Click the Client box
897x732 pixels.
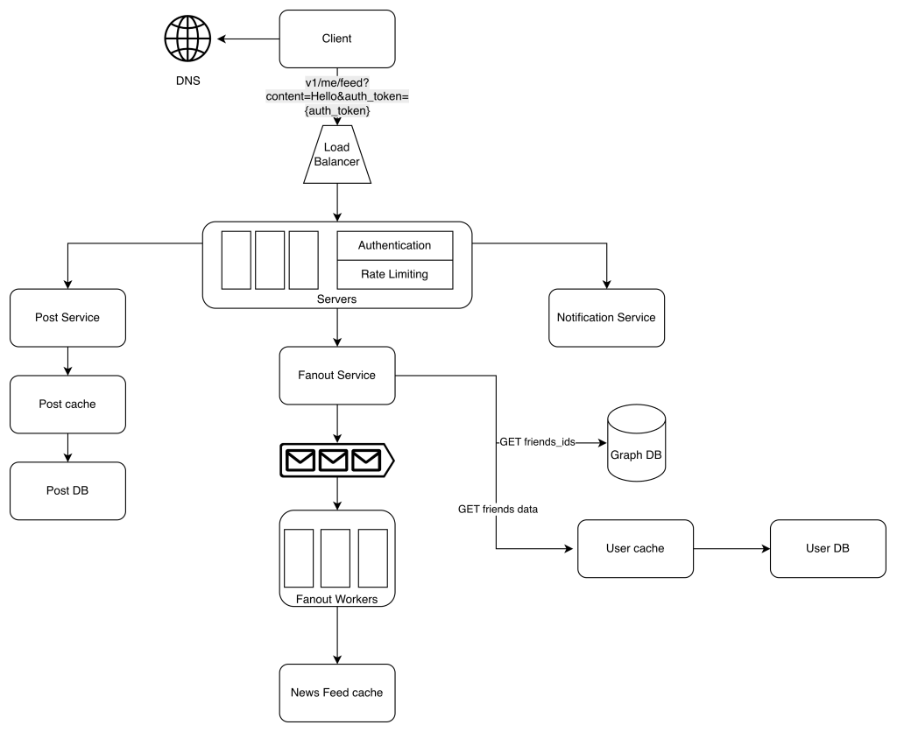pyautogui.click(x=336, y=39)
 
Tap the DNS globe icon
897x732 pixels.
pyautogui.click(x=188, y=39)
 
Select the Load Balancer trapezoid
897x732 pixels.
pyautogui.click(x=337, y=156)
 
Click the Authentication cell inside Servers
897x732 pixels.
pyautogui.click(x=395, y=246)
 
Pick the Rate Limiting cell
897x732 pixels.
pyautogui.click(x=395, y=274)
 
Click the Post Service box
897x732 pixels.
pyautogui.click(x=67, y=317)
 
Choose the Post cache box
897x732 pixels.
pyautogui.click(x=67, y=404)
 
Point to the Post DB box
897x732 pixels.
pyautogui.click(x=67, y=490)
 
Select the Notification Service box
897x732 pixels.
pyautogui.click(x=606, y=317)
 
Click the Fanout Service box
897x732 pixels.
pyautogui.click(x=336, y=375)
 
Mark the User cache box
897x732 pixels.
pyautogui.click(x=635, y=548)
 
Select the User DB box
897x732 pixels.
pyautogui.click(x=827, y=548)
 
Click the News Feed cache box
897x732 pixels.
pyautogui.click(x=336, y=693)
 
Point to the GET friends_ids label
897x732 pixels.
pyautogui.click(x=537, y=442)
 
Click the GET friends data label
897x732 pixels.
pyautogui.click(x=498, y=509)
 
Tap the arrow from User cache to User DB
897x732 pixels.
pyautogui.click(x=731, y=549)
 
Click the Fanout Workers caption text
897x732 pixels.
pyautogui.click(x=336, y=599)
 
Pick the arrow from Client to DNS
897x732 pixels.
pyautogui.click(x=248, y=39)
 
